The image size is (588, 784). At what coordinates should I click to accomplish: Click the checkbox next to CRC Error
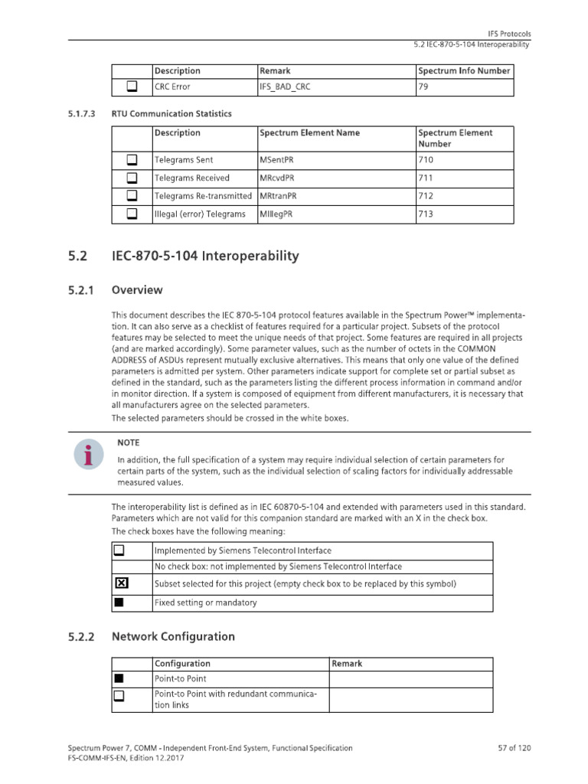point(132,87)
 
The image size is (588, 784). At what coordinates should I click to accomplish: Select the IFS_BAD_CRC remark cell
point(286,87)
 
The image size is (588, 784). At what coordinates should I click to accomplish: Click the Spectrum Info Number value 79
point(423,87)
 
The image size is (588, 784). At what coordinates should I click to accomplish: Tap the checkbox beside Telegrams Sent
point(132,160)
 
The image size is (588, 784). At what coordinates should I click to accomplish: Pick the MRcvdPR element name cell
point(277,178)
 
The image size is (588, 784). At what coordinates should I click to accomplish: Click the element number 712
point(426,196)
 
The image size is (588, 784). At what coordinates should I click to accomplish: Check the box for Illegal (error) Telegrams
point(132,214)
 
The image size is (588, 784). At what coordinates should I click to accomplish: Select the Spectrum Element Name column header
point(309,133)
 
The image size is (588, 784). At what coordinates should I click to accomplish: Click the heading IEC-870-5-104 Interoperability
point(205,256)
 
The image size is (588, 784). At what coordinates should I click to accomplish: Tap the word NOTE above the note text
point(128,443)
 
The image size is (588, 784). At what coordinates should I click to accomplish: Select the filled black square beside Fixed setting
point(119,603)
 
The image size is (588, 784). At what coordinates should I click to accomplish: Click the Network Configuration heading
point(173,637)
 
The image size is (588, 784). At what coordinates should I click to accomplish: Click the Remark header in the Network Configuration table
point(348,664)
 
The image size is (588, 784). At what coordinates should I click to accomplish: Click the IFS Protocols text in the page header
point(509,34)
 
